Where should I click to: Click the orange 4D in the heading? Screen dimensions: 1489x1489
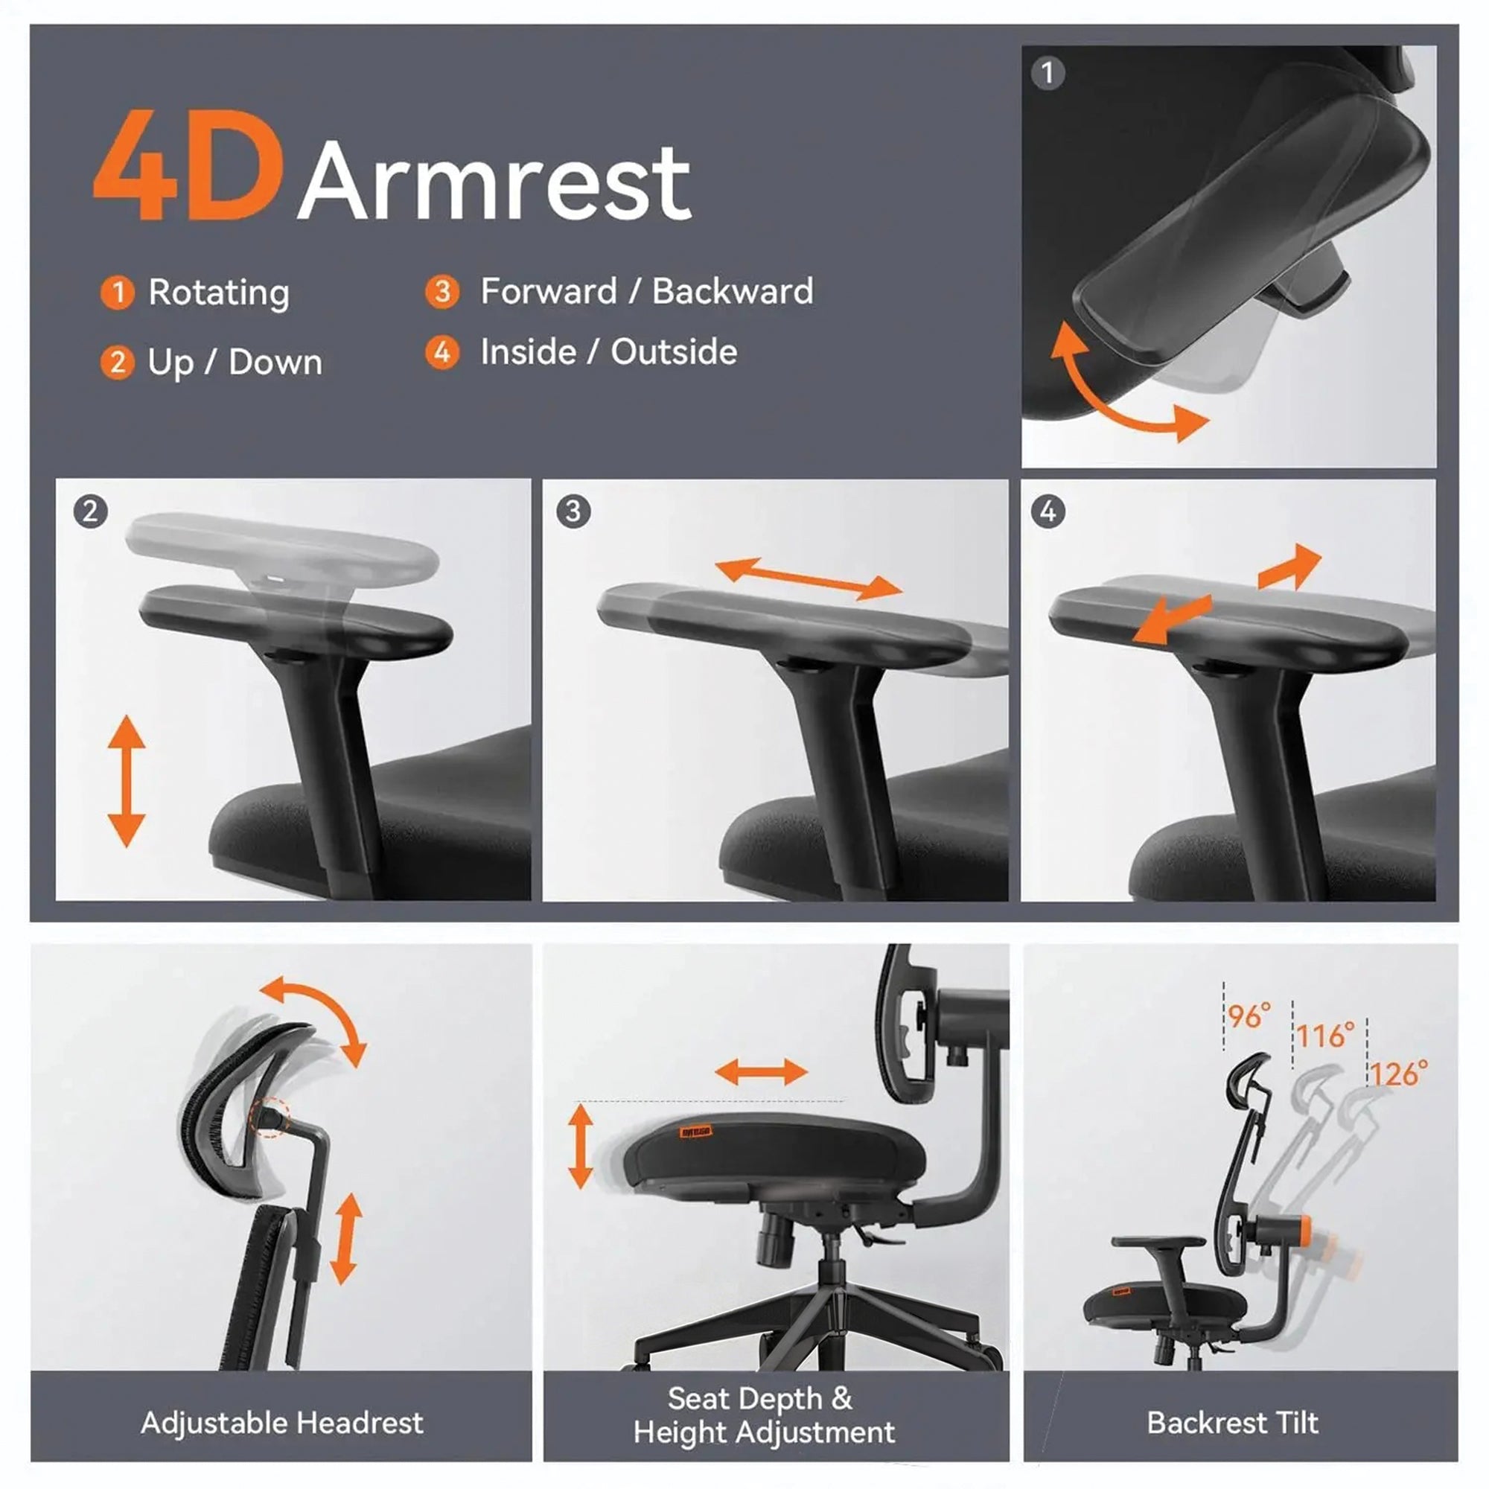tap(188, 166)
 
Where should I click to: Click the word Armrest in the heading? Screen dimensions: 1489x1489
tap(495, 182)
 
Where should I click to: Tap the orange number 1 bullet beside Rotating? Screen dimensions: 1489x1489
tap(117, 293)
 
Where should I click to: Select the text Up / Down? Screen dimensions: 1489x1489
tap(235, 363)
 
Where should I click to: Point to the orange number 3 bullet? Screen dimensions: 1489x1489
tap(441, 291)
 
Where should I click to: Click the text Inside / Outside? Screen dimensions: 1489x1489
tap(608, 352)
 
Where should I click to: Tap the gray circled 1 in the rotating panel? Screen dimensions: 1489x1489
tap(1048, 73)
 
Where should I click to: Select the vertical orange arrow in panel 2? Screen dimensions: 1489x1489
tap(127, 781)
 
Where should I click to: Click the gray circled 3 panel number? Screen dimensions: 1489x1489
tap(573, 511)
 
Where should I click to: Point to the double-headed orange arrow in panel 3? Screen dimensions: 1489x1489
tap(809, 579)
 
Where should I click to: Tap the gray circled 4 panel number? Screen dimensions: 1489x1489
tap(1048, 511)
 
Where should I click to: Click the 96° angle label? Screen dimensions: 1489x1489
tap(1249, 1016)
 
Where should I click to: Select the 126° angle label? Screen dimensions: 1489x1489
tap(1398, 1074)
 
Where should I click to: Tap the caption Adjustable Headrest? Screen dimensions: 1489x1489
tap(282, 1423)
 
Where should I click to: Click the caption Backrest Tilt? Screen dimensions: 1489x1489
tap(1232, 1423)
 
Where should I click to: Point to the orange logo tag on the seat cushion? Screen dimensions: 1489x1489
tap(696, 1132)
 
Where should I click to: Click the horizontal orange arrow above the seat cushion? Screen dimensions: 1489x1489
tap(761, 1072)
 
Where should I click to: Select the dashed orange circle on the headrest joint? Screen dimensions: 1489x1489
tap(270, 1116)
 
